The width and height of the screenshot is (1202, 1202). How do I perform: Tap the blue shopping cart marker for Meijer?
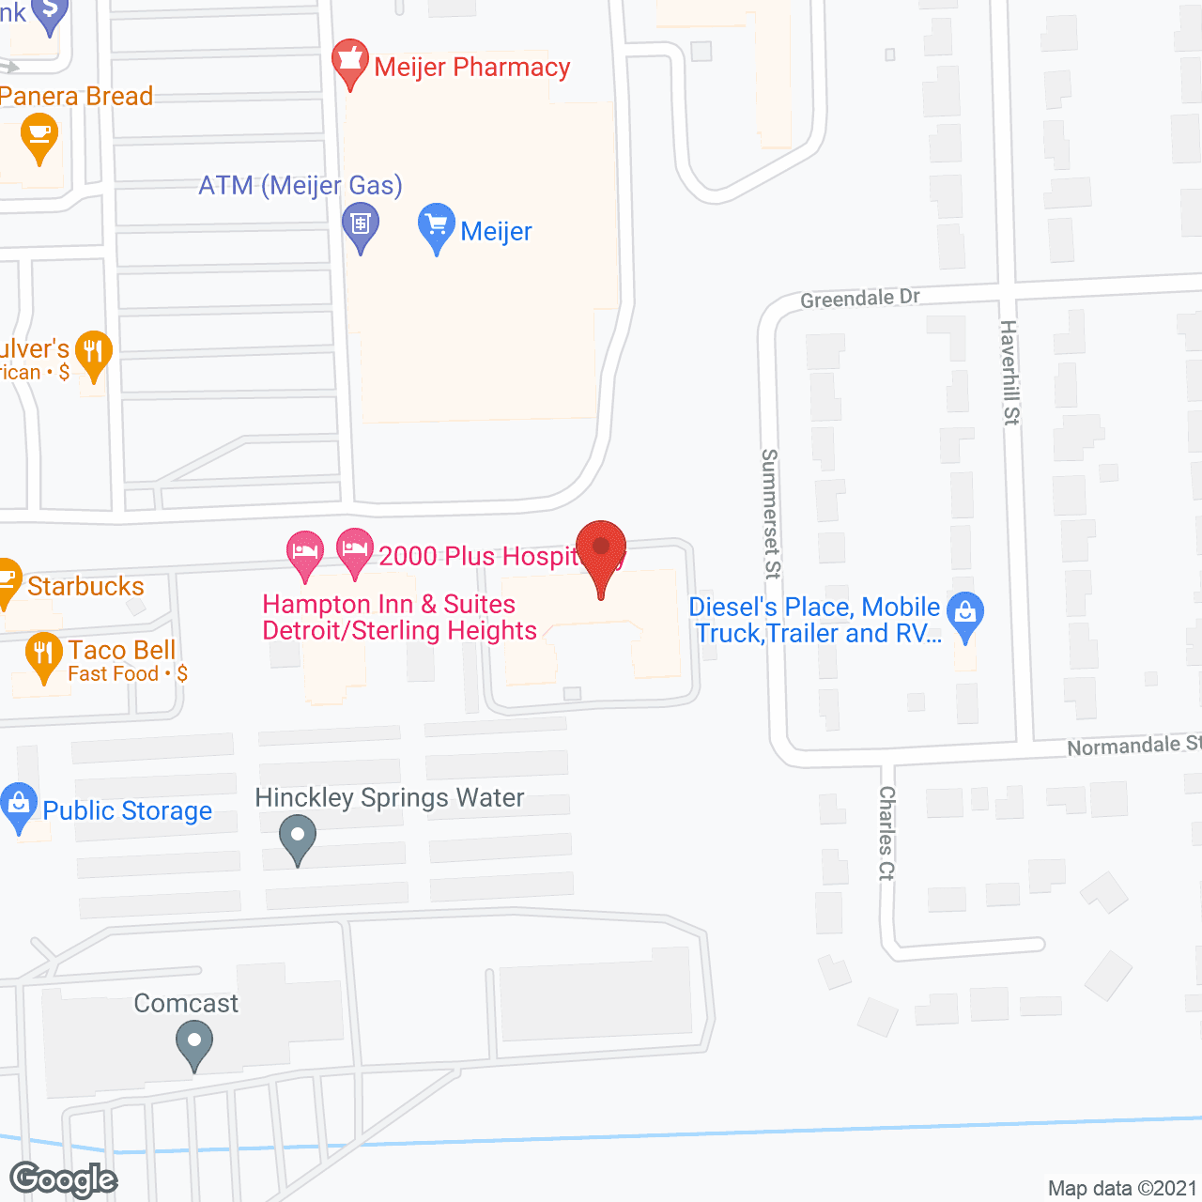(436, 227)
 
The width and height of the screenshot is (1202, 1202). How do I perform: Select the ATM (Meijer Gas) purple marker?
(361, 227)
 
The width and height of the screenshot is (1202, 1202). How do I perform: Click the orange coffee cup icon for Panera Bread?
(39, 137)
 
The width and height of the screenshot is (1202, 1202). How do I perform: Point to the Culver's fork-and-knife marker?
(93, 355)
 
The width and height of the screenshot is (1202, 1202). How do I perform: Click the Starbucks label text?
(85, 586)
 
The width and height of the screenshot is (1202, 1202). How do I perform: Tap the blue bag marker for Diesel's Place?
(964, 616)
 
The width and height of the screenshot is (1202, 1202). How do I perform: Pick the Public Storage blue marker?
(19, 806)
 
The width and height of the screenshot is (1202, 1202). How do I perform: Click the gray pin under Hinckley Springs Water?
(298, 838)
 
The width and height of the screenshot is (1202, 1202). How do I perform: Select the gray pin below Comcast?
(194, 1043)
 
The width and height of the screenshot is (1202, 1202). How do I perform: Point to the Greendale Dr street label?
(859, 298)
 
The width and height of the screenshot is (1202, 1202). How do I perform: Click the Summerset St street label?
(770, 514)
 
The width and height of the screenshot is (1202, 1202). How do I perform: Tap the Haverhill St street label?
(1009, 372)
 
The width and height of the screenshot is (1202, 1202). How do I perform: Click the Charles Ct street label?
(886, 833)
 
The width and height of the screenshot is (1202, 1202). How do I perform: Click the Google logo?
(64, 1179)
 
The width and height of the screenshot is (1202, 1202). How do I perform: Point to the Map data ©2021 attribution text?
(1122, 1188)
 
